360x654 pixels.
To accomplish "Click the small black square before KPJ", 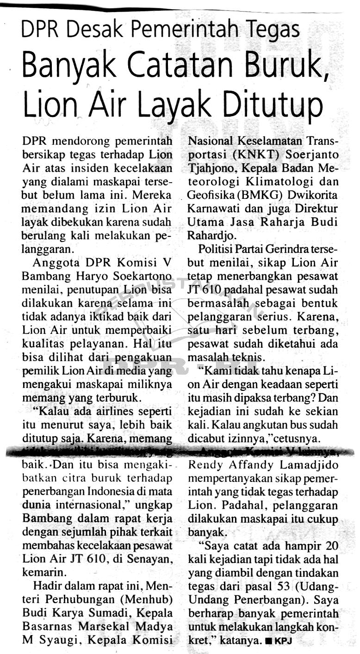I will (270, 641).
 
